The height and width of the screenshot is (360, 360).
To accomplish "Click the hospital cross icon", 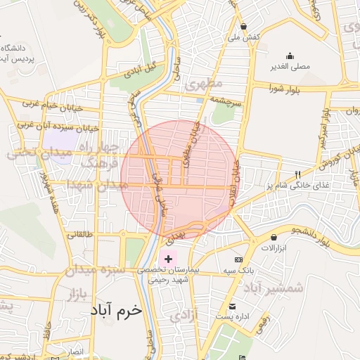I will click(x=168, y=259).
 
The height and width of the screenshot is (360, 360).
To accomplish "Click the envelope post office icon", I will click(x=233, y=306).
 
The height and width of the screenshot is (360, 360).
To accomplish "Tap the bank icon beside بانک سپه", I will click(x=238, y=259).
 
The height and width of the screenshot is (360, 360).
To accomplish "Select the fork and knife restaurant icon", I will click(x=297, y=174).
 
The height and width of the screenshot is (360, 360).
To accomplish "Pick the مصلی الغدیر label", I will click(x=290, y=67).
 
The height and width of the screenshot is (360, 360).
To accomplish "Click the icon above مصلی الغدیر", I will click(x=290, y=56).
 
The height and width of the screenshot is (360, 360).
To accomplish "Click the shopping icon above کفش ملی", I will click(x=243, y=25).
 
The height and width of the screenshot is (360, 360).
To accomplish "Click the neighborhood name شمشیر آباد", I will click(x=275, y=287).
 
